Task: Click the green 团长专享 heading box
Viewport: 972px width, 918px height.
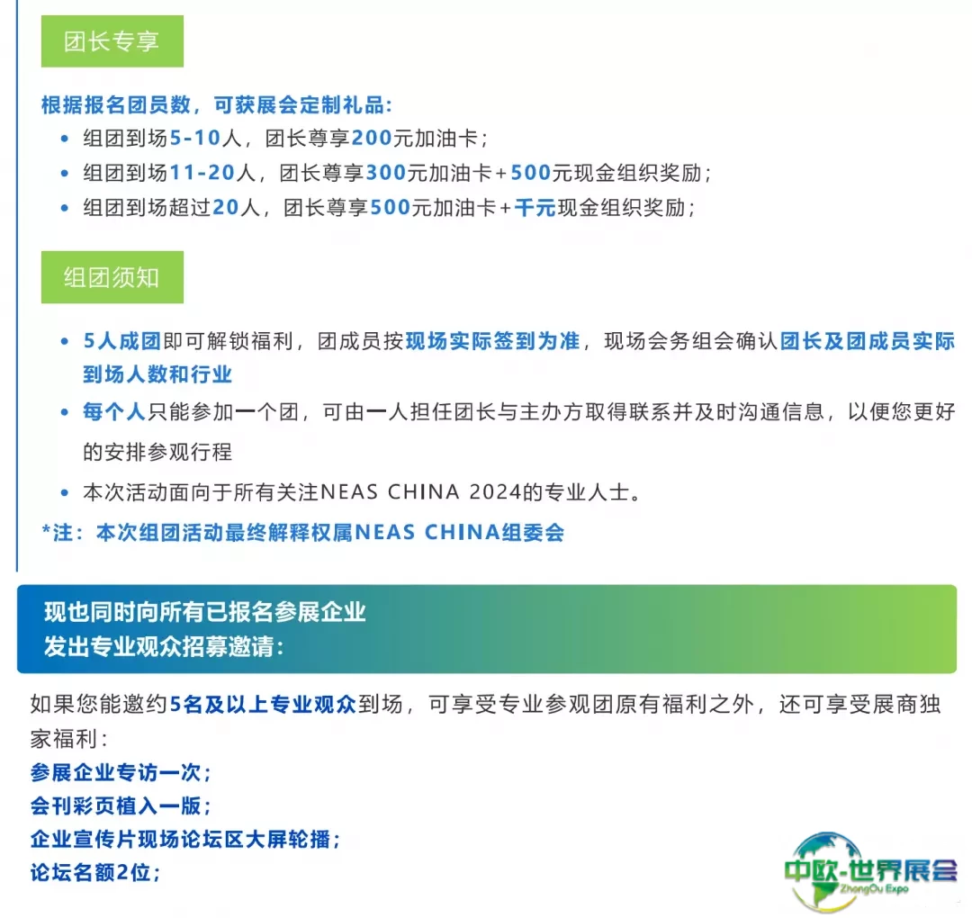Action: click(x=112, y=40)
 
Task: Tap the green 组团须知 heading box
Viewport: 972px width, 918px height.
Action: click(x=112, y=277)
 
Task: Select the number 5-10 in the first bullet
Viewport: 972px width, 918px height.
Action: click(x=195, y=138)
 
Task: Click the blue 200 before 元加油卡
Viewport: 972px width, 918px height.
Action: click(x=372, y=138)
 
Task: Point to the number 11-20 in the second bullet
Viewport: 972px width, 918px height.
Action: click(x=202, y=172)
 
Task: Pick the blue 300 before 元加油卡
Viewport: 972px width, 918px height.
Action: click(x=385, y=172)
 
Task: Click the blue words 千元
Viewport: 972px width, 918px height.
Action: click(x=535, y=207)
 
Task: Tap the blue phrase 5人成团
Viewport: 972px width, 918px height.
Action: click(x=122, y=341)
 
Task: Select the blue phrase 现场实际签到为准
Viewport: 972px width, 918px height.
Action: click(x=493, y=341)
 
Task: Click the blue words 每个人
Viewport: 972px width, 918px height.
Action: click(x=114, y=411)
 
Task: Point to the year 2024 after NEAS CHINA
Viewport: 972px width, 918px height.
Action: click(x=495, y=492)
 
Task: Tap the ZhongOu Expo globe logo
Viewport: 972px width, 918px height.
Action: click(x=869, y=871)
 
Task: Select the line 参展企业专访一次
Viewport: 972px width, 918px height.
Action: click(x=121, y=772)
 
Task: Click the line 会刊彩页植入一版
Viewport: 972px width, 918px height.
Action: click(x=121, y=805)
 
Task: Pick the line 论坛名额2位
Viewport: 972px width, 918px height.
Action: click(x=95, y=873)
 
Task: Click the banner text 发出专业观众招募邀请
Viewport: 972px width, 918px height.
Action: click(x=165, y=647)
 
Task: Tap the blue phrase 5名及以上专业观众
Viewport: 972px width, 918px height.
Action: click(x=263, y=704)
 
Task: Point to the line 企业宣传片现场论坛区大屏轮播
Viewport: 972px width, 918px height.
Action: click(x=185, y=840)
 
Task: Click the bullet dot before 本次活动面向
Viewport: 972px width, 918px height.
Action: click(x=65, y=493)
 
